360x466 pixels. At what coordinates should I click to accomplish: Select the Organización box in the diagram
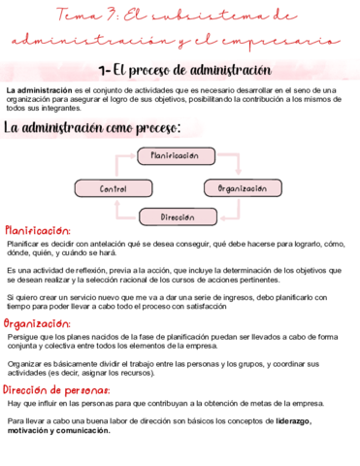pyautogui.click(x=243, y=187)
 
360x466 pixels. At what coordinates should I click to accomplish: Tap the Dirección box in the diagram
pyautogui.click(x=178, y=217)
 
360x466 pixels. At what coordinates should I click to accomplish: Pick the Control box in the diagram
pyautogui.click(x=114, y=188)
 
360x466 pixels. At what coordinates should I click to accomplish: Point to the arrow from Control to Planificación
pyautogui.click(x=117, y=166)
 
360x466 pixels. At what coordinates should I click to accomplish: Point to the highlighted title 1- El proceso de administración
pyautogui.click(x=184, y=70)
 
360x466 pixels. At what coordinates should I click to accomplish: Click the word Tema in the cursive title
pyautogui.click(x=76, y=16)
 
